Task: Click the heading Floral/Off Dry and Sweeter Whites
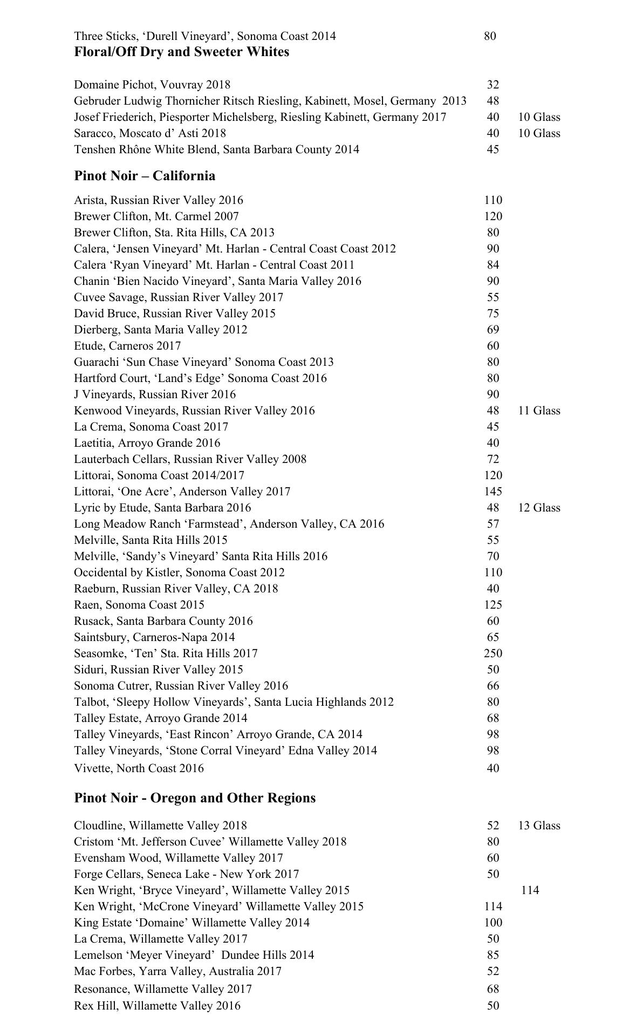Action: (x=181, y=52)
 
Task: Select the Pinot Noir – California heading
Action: (x=145, y=176)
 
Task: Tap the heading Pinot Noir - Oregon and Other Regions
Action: (x=195, y=798)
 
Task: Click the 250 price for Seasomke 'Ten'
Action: (x=493, y=653)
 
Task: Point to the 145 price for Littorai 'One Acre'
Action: (x=493, y=492)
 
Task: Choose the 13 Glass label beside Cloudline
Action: (x=539, y=826)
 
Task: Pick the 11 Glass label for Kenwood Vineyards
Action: (x=539, y=411)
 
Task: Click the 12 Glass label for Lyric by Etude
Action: (x=539, y=508)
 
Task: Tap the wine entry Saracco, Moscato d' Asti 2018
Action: (x=150, y=133)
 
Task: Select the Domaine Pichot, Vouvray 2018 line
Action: (x=152, y=85)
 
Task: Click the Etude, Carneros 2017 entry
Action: (x=127, y=346)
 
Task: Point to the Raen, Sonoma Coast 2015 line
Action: (x=139, y=605)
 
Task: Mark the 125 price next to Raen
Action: (x=493, y=605)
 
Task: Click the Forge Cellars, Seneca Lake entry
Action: (x=187, y=874)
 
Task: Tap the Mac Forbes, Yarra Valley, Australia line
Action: (x=178, y=971)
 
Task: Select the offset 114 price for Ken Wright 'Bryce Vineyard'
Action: (x=530, y=890)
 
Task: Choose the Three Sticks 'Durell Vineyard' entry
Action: (x=205, y=36)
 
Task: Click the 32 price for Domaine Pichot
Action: (x=493, y=85)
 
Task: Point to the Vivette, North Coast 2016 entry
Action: (x=139, y=768)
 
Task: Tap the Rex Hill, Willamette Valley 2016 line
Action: (x=158, y=1006)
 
